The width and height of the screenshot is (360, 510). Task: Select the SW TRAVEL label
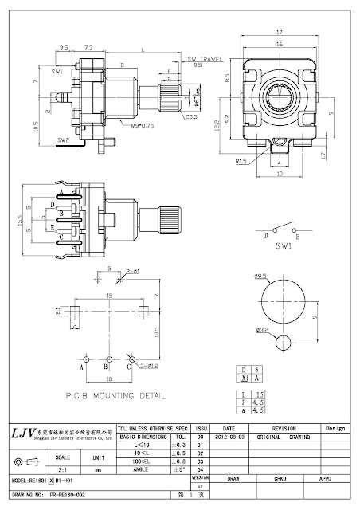204,59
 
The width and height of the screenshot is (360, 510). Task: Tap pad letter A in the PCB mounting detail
82,368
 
